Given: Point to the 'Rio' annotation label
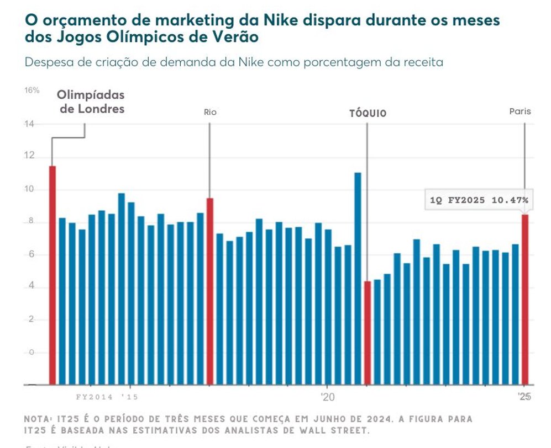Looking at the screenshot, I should coord(210,112).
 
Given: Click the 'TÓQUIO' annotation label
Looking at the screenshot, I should coord(368,114).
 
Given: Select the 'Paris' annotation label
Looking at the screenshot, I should coord(520,111).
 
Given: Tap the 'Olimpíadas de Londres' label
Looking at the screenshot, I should coord(91,102).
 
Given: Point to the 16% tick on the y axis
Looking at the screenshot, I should coord(32,90).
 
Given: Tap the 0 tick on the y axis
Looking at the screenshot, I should coord(31,352).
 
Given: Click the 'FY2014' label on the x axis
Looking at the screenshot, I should coord(95,397).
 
